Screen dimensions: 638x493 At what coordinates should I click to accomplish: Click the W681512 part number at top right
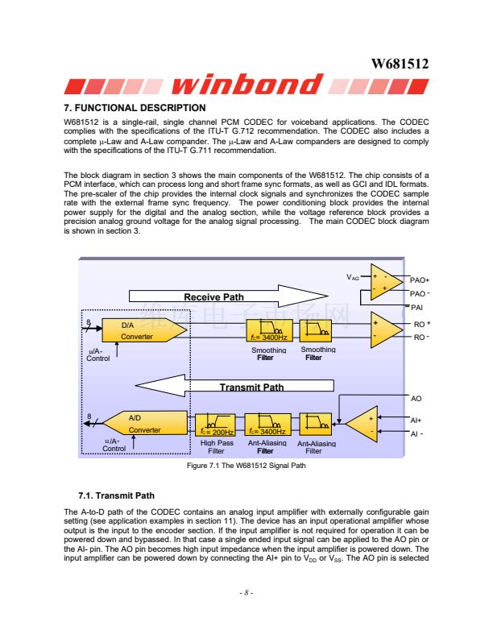click(399, 64)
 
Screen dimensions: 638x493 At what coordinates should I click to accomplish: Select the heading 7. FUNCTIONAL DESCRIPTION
click(135, 108)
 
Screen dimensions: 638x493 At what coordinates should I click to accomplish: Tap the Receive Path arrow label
click(213, 297)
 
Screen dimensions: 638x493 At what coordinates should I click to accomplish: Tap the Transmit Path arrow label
click(251, 387)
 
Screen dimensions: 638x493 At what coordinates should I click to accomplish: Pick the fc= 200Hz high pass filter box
click(215, 425)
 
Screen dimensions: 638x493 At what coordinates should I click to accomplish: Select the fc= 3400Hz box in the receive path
click(268, 331)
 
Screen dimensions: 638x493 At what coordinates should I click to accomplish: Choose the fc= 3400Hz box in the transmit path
click(268, 425)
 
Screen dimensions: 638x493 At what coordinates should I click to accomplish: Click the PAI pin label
click(417, 306)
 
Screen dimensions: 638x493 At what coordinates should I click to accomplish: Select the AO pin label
click(416, 399)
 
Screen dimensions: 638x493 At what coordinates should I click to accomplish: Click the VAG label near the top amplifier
click(353, 276)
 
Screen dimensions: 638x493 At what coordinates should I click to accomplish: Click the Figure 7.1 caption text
click(246, 466)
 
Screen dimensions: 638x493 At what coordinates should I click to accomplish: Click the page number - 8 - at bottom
click(246, 594)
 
